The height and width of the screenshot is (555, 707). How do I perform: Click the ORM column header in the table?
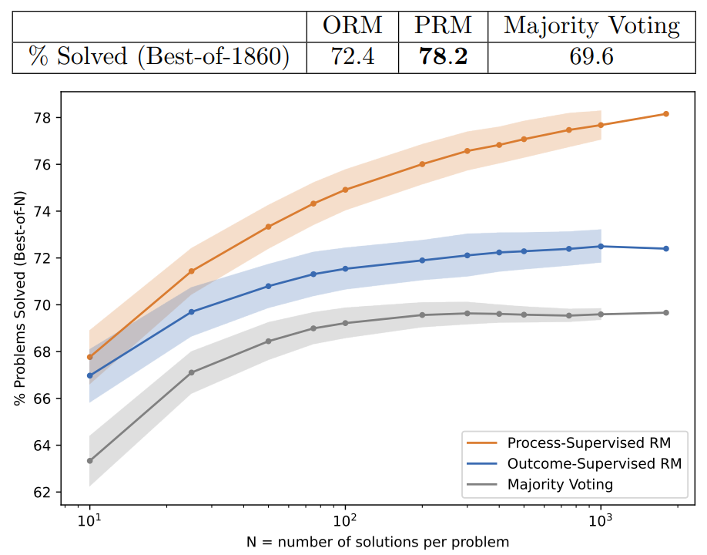coord(352,26)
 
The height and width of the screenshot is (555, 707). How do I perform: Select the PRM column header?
coord(442,26)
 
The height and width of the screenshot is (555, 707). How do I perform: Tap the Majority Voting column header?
coord(591,26)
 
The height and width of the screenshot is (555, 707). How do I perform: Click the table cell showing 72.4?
coord(352,57)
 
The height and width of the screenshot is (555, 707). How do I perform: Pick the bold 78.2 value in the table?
coord(442,57)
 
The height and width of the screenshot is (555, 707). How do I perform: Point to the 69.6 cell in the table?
coord(591,57)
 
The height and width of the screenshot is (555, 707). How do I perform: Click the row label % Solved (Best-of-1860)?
coord(159,57)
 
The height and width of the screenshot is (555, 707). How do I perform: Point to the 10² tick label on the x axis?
coord(344,519)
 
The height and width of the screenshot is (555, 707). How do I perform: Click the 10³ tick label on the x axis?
coord(600,519)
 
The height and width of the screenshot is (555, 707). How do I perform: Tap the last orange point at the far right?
coord(666,114)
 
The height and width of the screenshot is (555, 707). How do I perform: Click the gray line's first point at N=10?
coord(90,461)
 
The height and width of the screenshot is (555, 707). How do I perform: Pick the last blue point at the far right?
coord(666,248)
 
